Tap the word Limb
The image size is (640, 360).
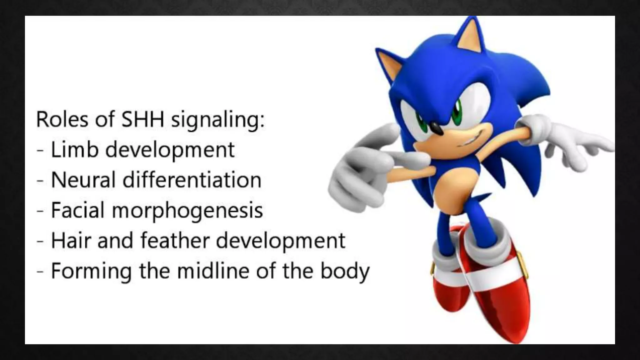click(x=74, y=149)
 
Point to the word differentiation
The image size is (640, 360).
click(x=192, y=180)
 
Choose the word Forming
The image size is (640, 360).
click(x=91, y=271)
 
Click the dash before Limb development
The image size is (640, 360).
click(x=40, y=150)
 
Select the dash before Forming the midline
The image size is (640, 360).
click(x=40, y=271)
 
